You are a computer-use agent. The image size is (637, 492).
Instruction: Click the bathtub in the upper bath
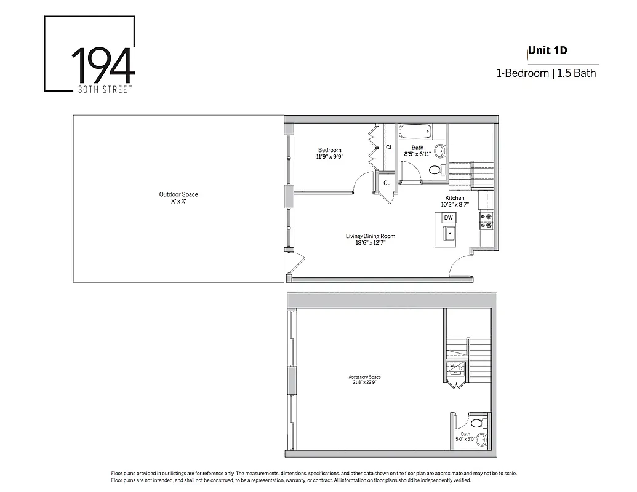pyautogui.click(x=415, y=132)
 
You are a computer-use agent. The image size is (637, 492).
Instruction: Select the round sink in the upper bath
pyautogui.click(x=439, y=151)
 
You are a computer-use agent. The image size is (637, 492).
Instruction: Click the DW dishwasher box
pyautogui.click(x=449, y=218)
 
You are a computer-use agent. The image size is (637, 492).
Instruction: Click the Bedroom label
pyautogui.click(x=329, y=151)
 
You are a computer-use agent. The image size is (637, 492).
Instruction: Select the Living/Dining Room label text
pyautogui.click(x=370, y=236)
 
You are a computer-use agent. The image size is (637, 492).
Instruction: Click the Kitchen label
pyautogui.click(x=455, y=198)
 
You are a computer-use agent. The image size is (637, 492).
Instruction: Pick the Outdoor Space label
pyautogui.click(x=178, y=195)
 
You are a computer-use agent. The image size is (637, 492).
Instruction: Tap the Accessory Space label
pyautogui.click(x=364, y=377)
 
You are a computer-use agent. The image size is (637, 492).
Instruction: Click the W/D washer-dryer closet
pyautogui.click(x=456, y=369)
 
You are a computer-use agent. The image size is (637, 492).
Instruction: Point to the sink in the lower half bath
pyautogui.click(x=481, y=440)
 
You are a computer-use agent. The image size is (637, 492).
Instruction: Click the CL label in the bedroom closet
pyautogui.click(x=389, y=148)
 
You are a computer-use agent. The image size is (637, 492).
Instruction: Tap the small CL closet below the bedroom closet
pyautogui.click(x=387, y=183)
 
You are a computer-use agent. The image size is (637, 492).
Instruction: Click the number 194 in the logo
pyautogui.click(x=103, y=64)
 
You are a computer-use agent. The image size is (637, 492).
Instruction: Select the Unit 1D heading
pyautogui.click(x=547, y=50)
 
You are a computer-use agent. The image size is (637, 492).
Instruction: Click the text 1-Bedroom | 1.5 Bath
pyautogui.click(x=547, y=73)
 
